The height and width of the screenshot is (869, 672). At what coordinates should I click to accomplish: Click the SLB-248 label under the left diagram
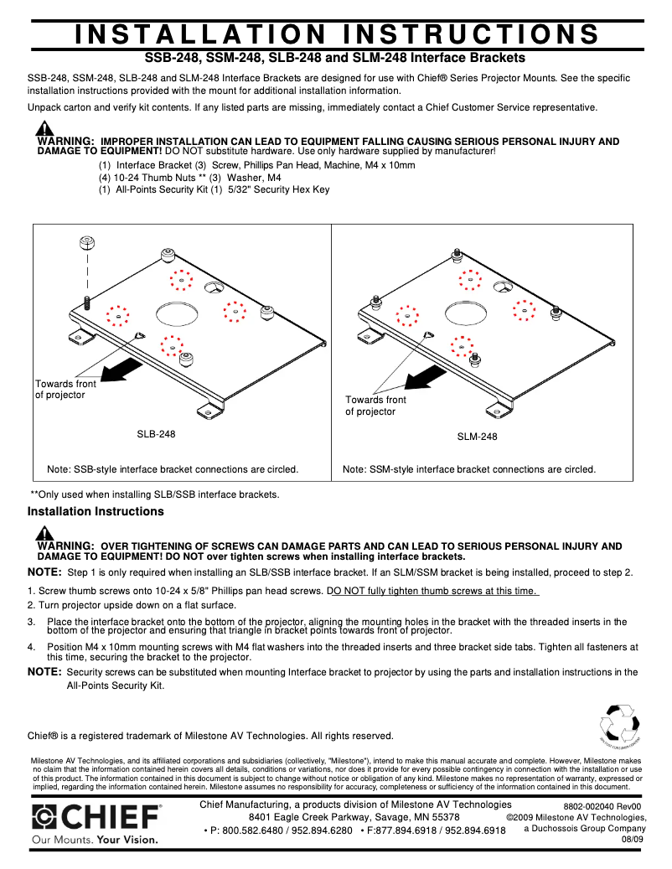point(157,434)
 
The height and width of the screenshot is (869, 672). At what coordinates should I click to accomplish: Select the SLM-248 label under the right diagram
point(477,437)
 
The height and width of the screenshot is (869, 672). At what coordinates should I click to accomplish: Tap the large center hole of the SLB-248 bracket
point(175,314)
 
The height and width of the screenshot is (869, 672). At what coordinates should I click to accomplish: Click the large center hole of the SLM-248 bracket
point(467,313)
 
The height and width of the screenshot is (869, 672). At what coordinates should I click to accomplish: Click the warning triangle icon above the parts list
point(44,129)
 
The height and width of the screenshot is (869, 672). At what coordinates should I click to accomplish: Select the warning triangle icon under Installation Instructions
point(44,533)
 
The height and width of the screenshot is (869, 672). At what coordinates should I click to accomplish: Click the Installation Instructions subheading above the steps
point(96,511)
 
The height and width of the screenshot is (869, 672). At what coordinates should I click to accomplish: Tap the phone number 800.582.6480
point(248,830)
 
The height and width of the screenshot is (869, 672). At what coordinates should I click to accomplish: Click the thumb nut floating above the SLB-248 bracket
point(85,243)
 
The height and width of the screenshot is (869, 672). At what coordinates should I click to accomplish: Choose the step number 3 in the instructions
point(31,622)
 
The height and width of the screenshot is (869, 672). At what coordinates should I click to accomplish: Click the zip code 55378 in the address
point(440,817)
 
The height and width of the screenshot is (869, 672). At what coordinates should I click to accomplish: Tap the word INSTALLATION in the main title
point(200,34)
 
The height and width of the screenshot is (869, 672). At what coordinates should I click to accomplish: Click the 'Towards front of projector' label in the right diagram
point(375,406)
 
